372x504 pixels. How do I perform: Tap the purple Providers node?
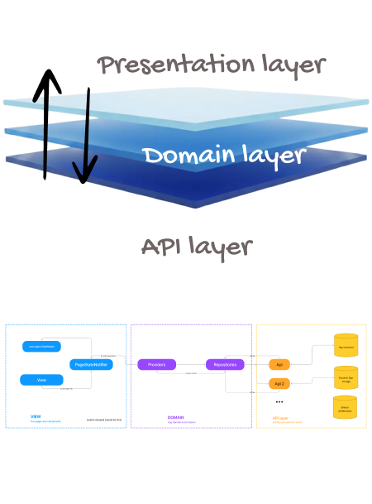(157, 364)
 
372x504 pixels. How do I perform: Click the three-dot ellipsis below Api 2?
(279, 402)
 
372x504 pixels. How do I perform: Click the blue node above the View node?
(41, 346)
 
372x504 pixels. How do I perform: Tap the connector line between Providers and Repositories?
(191, 365)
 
